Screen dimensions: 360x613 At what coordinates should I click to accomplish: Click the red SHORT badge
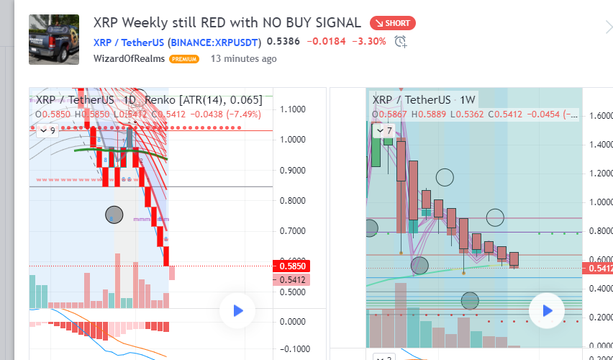click(392, 23)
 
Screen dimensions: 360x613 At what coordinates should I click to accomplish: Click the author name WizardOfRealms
click(129, 58)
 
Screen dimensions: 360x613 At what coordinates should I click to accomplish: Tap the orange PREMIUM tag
click(184, 59)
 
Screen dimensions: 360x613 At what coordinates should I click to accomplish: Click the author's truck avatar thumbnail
click(54, 40)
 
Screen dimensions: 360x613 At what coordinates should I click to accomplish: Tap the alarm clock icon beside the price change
click(400, 42)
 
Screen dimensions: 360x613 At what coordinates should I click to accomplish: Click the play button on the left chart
click(237, 310)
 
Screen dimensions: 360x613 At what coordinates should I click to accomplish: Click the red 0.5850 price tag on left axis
click(291, 266)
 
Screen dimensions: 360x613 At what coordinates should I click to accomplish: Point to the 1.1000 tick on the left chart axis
click(294, 109)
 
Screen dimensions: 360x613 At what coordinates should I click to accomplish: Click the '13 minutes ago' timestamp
click(243, 58)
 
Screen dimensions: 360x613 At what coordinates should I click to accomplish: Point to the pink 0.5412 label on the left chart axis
click(291, 279)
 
